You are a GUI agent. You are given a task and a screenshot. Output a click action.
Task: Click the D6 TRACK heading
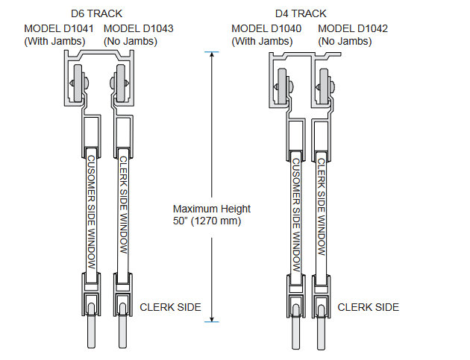(101, 13)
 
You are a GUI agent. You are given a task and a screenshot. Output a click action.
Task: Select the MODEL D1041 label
(59, 28)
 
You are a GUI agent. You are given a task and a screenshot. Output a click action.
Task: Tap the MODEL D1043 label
(138, 28)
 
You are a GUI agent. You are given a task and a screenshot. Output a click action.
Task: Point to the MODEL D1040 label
(266, 28)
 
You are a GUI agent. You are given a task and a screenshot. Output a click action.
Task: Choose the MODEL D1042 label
(353, 28)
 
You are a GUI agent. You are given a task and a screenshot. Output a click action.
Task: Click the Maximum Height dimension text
(212, 209)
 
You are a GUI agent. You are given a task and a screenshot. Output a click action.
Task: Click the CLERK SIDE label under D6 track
(171, 307)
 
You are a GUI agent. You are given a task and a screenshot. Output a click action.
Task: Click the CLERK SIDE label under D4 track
(369, 307)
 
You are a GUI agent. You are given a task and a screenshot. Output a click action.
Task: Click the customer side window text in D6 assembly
(91, 212)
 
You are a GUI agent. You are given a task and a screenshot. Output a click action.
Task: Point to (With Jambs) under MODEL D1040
(260, 41)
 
